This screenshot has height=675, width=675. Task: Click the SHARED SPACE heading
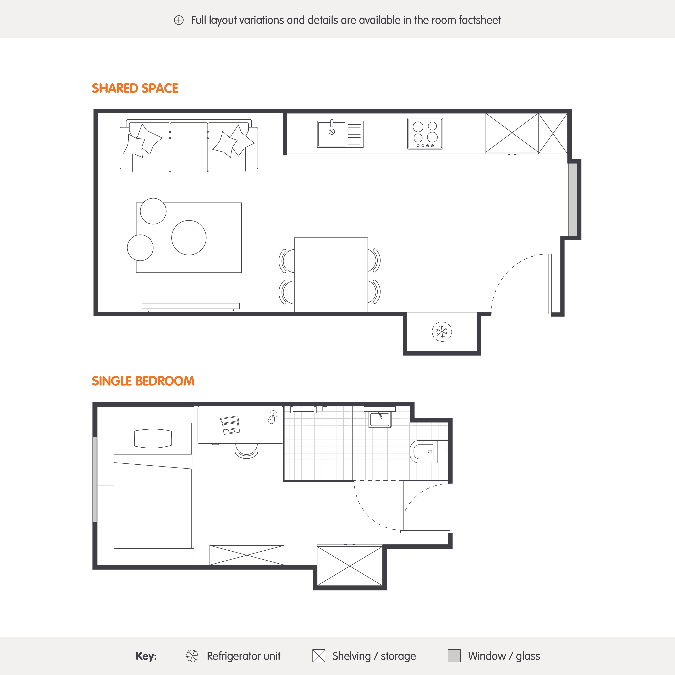coord(135,88)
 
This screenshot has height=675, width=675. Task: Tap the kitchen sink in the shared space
coord(340,134)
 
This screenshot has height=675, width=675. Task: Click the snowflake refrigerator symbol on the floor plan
coord(442,331)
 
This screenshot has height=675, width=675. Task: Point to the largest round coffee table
coord(189,238)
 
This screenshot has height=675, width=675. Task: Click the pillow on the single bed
coord(153,438)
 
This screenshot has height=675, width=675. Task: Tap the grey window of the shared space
coord(573,200)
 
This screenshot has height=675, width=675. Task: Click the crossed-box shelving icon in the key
coord(319,656)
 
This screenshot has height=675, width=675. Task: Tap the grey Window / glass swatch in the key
coord(454,656)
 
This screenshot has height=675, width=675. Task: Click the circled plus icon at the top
coord(179,20)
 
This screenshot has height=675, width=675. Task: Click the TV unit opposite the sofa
coord(191,306)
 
